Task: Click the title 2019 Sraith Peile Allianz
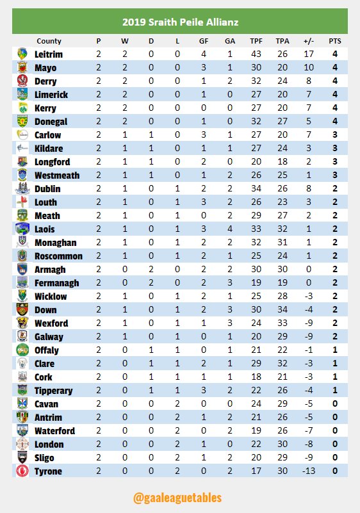180,22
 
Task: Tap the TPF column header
256,41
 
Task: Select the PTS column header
334,41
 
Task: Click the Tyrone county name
48,471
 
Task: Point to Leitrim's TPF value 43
256,54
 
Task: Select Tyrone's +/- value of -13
309,471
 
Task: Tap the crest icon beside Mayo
22,68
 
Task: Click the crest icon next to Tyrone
22,471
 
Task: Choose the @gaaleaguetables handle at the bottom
180,497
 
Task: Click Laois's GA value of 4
229,229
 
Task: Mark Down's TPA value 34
282,310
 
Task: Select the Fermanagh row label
57,283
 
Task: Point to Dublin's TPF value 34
256,189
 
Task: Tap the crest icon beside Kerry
22,108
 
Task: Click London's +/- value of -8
309,444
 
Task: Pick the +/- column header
309,41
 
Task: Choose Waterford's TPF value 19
256,431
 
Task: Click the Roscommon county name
59,256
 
